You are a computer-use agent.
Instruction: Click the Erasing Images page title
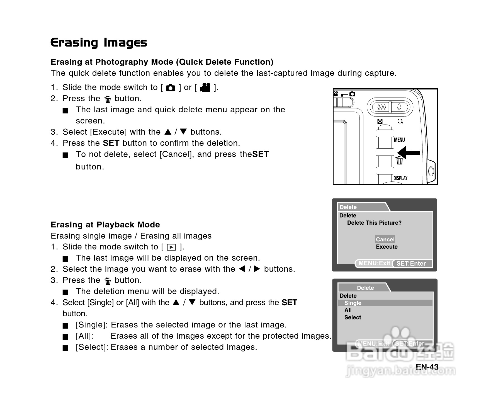tap(99, 43)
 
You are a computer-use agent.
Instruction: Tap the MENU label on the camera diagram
tap(399, 140)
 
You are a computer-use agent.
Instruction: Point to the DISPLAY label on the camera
tap(400, 178)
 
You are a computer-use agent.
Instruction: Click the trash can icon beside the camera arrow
tap(400, 161)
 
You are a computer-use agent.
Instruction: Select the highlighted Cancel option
tap(385, 239)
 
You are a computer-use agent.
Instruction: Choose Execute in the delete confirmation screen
tap(387, 247)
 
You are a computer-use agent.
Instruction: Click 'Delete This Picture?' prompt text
tap(374, 223)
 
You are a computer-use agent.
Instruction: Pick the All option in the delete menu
tap(348, 310)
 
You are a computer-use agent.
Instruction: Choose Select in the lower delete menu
tap(353, 317)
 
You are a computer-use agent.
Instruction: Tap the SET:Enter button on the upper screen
tap(411, 263)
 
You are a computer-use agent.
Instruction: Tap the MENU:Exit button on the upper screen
tap(374, 263)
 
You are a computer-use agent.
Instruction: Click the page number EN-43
tap(427, 367)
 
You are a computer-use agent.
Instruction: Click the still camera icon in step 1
tap(171, 88)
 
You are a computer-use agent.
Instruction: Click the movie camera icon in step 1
tap(205, 88)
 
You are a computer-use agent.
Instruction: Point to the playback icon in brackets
tap(171, 247)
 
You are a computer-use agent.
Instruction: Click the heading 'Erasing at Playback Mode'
tap(105, 225)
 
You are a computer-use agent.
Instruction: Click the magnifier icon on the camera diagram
tap(400, 121)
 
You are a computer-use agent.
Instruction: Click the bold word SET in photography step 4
tap(111, 143)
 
